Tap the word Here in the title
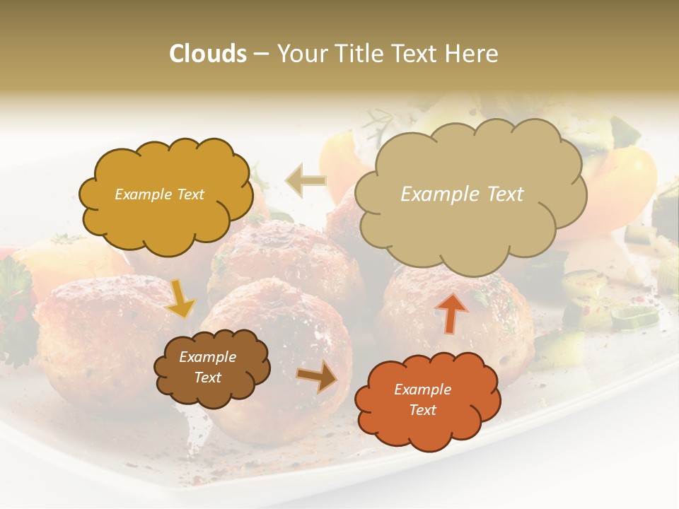point(474,54)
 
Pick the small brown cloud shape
point(211,368)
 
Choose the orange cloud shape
point(426,399)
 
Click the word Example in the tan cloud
point(436,194)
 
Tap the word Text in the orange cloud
point(422,410)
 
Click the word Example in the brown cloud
point(207,357)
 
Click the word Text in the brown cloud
point(207,378)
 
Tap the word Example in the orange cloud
point(422,390)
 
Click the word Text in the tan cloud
point(506,194)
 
